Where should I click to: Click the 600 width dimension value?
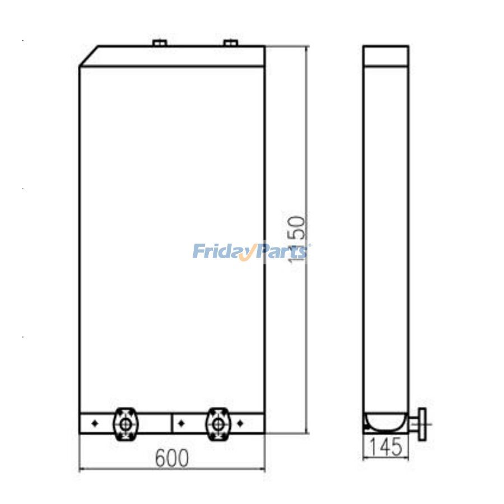(x=172, y=459)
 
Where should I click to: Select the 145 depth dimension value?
(x=386, y=447)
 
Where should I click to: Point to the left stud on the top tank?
(x=160, y=43)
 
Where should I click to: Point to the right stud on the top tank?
(x=230, y=43)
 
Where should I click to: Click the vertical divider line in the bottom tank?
(x=171, y=423)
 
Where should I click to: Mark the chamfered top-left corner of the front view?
(x=90, y=56)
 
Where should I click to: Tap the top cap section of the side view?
(x=386, y=56)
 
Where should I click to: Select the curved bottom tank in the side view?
(x=386, y=421)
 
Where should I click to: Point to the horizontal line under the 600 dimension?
(x=172, y=469)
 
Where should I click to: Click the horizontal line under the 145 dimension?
(x=386, y=456)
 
